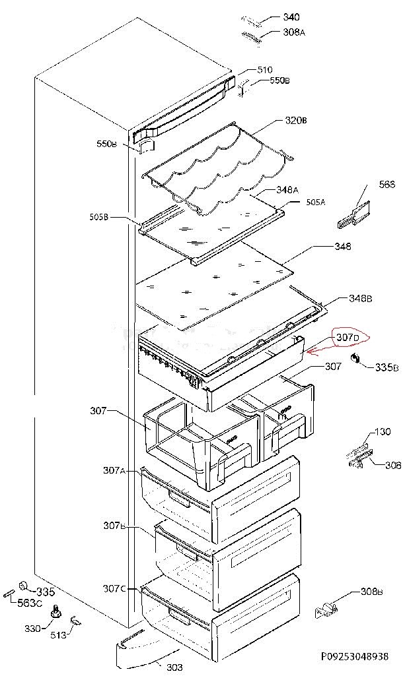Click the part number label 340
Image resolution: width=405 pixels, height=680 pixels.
291,17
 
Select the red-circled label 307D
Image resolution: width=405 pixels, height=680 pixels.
348,338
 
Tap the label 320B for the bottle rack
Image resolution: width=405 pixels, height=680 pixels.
295,121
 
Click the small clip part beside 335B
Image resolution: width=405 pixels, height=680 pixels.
357,358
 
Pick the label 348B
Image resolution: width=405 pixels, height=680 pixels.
360,299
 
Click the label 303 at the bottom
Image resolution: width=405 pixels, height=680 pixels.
174,667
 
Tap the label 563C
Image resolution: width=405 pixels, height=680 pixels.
30,603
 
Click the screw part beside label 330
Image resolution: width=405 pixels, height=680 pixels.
56,613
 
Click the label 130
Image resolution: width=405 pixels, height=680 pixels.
383,433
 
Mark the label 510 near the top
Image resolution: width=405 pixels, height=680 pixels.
265,70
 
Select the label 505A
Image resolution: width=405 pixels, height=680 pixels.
315,202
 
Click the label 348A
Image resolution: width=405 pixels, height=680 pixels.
287,190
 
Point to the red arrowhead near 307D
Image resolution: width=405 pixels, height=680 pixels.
308,352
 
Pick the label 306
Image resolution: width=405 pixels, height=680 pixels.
393,465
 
